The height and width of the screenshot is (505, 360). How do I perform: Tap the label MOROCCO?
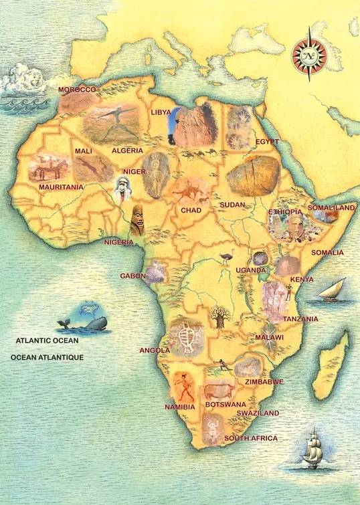click(77, 90)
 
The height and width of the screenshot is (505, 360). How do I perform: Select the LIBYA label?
click(161, 112)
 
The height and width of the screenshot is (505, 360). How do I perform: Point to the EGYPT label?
click(267, 142)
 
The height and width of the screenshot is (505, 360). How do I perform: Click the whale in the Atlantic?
click(87, 324)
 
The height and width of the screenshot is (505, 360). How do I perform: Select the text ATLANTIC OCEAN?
click(48, 340)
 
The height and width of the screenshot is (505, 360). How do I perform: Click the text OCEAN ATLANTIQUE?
click(47, 358)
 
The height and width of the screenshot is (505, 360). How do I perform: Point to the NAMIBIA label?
click(179, 407)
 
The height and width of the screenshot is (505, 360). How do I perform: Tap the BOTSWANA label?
click(226, 405)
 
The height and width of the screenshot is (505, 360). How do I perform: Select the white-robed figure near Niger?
click(121, 191)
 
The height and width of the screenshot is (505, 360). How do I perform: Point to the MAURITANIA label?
click(61, 187)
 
